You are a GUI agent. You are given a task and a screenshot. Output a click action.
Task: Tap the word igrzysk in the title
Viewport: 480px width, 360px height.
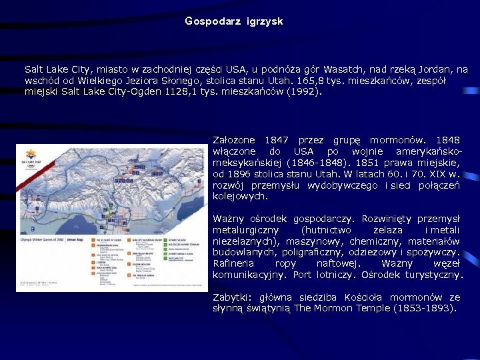coord(265,21)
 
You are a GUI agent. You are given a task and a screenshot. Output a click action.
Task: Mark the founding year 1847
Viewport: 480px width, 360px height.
coord(277,141)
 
